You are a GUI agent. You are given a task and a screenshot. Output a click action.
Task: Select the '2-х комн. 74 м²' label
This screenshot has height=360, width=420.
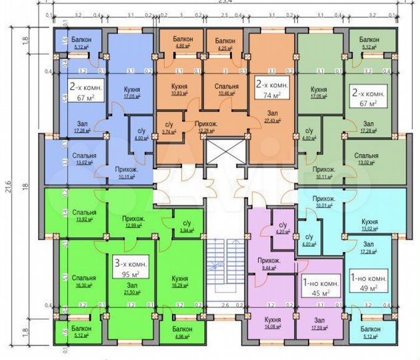[272, 90]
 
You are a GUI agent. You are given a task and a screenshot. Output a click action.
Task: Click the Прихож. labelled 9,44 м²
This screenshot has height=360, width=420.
[271, 263]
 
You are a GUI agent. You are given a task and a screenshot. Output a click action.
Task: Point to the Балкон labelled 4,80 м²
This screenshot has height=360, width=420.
[182, 43]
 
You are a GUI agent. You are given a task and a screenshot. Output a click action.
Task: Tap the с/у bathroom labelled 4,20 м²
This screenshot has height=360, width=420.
[283, 229]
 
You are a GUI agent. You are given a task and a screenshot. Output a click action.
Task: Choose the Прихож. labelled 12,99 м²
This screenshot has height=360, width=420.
[134, 222]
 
